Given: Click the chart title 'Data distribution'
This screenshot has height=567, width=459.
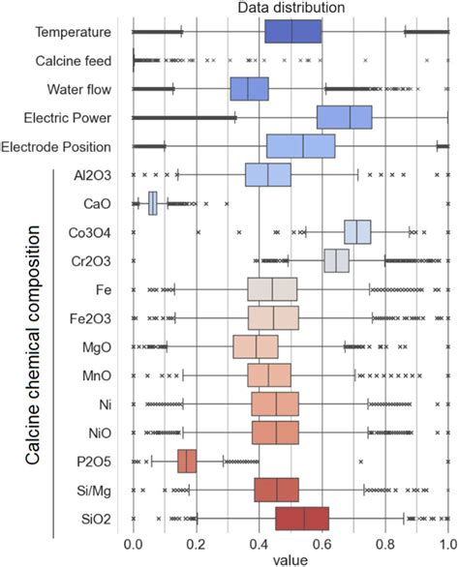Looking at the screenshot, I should pyautogui.click(x=291, y=9).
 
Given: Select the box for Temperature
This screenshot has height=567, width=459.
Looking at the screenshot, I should pyautogui.click(x=292, y=32).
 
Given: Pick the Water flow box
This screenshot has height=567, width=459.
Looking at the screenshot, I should pyautogui.click(x=249, y=89).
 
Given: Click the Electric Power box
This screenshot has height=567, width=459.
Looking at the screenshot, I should pyautogui.click(x=344, y=117).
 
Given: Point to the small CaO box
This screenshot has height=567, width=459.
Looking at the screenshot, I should pyautogui.click(x=153, y=203).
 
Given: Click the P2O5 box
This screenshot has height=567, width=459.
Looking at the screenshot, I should pyautogui.click(x=187, y=461).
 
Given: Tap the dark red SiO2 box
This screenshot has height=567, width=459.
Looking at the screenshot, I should pyautogui.click(x=302, y=518).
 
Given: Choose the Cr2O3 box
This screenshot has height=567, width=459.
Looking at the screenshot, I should pyautogui.click(x=336, y=261).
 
